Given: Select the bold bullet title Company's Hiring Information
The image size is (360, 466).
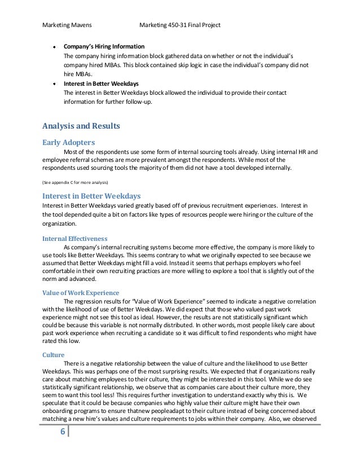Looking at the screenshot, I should (x=104, y=46).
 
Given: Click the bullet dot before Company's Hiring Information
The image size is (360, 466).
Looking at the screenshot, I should (x=54, y=46).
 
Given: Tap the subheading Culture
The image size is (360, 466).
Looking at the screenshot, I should (x=53, y=355).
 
